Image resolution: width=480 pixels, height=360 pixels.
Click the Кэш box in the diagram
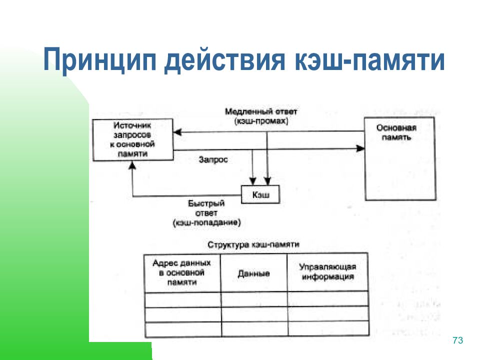point(260,195)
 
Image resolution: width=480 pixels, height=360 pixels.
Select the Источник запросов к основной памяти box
point(132,139)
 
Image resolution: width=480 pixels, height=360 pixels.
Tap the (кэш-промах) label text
point(260,121)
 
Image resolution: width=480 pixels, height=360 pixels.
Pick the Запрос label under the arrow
point(213,160)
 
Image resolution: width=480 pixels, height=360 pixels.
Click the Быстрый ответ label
point(206,207)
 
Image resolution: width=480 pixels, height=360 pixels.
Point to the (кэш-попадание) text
point(206,221)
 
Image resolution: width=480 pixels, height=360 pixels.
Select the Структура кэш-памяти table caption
point(253,244)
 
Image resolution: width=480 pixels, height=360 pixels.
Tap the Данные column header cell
point(253,273)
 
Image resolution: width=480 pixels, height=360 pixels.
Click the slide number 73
point(457,340)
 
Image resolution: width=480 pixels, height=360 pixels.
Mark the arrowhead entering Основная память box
point(360,148)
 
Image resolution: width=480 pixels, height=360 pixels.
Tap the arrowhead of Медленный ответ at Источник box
point(177,132)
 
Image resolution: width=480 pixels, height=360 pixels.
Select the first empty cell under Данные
point(253,299)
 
